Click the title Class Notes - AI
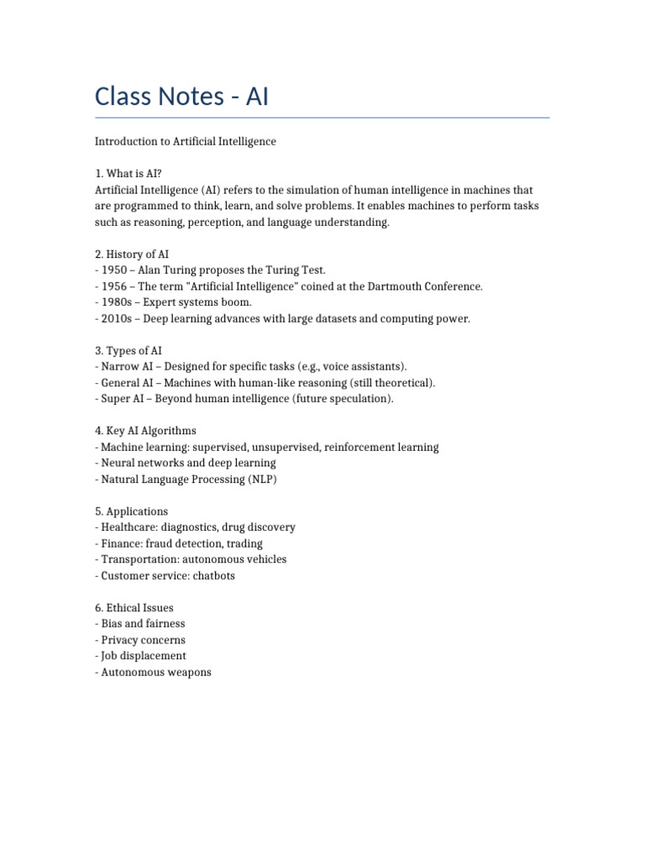click(x=181, y=97)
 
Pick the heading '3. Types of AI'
click(x=128, y=350)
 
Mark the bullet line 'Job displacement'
click(x=141, y=656)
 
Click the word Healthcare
click(x=128, y=527)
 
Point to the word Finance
click(x=121, y=543)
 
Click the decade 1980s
click(x=117, y=302)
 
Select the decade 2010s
click(x=117, y=318)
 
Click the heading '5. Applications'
click(x=131, y=511)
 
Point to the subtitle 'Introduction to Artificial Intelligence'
click(x=186, y=142)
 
